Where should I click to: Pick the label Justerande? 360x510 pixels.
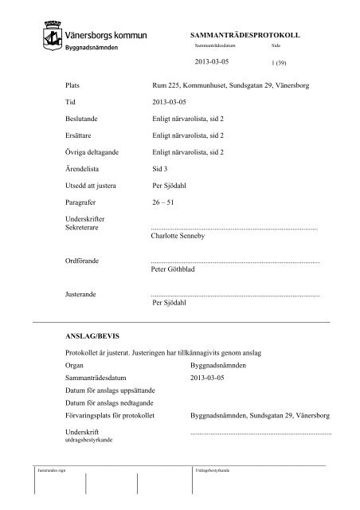81,295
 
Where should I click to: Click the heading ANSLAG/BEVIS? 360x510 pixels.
92,337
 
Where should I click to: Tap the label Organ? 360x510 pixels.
76,365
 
